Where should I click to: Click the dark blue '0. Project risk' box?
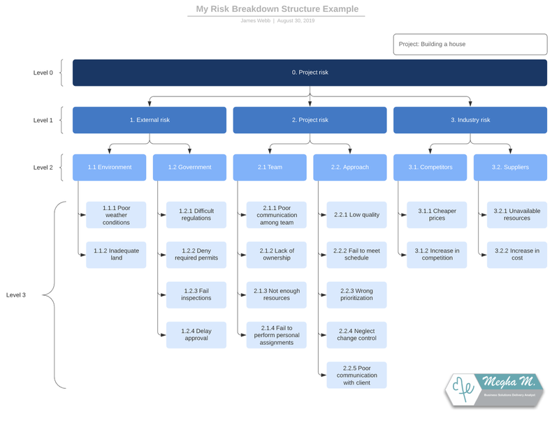310,73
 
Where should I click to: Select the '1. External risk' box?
150,120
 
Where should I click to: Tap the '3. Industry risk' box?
470,120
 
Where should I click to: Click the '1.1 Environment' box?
109,168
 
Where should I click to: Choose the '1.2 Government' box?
189,168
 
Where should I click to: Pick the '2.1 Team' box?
270,168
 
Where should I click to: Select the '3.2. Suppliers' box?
510,168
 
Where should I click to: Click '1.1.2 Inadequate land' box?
116,255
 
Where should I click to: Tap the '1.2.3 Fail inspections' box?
196,295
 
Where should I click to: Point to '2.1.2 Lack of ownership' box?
277,255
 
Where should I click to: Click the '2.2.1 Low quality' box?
356,215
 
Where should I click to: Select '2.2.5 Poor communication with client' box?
356,376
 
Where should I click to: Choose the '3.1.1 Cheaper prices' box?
437,215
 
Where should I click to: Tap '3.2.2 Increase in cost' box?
517,255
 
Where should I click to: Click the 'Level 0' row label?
43,73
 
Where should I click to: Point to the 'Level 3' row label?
16,295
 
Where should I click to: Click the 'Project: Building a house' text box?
470,44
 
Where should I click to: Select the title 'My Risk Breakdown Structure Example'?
277,9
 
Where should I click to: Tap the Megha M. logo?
494,389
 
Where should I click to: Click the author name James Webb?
256,21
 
